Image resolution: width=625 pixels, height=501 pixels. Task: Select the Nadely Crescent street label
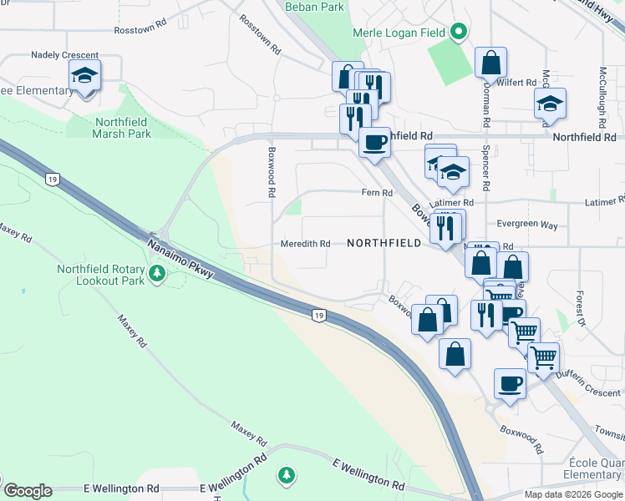[64, 55]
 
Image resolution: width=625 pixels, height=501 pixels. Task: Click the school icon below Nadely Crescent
[84, 76]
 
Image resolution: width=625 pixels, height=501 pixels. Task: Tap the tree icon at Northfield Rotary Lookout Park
[156, 273]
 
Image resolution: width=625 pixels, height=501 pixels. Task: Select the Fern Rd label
[377, 193]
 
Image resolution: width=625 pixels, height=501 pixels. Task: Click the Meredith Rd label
[306, 244]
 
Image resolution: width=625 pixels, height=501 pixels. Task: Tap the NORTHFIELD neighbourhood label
[382, 244]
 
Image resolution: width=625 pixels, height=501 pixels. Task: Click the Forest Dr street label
[578, 310]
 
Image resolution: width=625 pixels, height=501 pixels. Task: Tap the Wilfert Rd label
[519, 83]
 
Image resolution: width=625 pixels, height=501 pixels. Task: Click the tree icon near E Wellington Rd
[287, 475]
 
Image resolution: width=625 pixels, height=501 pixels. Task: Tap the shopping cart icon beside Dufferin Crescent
[543, 357]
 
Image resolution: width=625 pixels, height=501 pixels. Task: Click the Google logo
[28, 491]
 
